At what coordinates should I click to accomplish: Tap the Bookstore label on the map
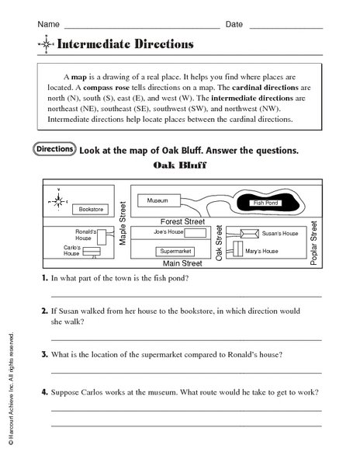(x=88, y=209)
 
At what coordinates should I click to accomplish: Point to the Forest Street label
(x=178, y=221)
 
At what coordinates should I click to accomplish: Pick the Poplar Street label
(x=313, y=242)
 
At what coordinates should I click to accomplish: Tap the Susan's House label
(x=280, y=233)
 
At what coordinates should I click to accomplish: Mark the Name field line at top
(x=144, y=26)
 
